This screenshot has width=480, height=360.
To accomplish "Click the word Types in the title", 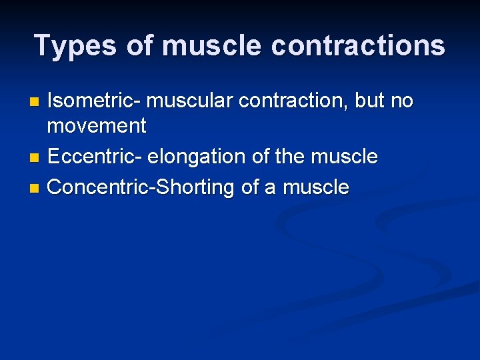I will (x=66, y=46).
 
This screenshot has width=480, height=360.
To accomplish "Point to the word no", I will (x=403, y=101).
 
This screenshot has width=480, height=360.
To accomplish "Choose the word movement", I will (x=97, y=125).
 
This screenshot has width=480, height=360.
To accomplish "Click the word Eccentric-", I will (x=95, y=157).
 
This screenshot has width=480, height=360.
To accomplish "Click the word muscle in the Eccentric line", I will (x=345, y=157).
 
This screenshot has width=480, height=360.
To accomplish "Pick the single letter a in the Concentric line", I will (x=270, y=188).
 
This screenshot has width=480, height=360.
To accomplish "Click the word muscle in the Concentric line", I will (x=316, y=188).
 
